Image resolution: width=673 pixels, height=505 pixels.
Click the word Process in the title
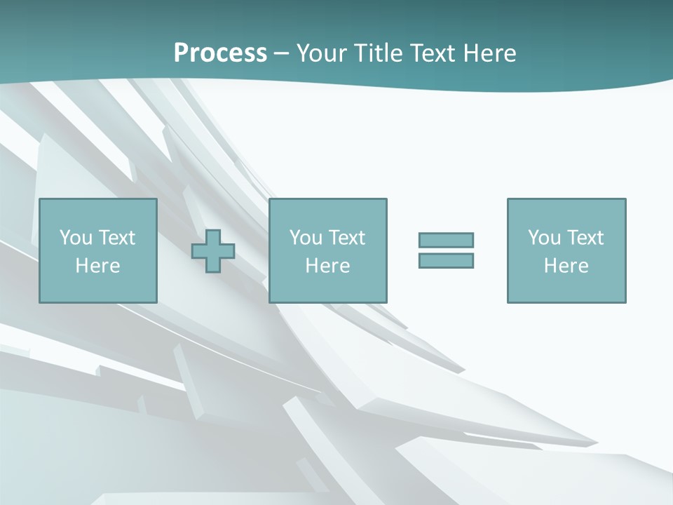220,53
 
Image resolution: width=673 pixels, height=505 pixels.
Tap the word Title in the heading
377,53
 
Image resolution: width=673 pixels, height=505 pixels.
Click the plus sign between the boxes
213,250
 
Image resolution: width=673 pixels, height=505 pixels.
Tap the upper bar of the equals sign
446,240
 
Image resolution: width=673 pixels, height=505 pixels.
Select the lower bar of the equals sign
446,260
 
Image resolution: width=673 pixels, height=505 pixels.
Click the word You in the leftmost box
76,238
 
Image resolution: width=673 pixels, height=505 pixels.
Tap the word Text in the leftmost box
116,238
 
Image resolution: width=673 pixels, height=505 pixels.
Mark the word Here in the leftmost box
97,266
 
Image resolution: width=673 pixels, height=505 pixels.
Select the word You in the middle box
306,238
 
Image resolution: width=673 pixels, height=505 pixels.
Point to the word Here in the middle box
327,266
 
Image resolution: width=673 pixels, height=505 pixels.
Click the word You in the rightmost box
544,238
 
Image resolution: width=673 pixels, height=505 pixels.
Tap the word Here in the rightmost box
566,266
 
